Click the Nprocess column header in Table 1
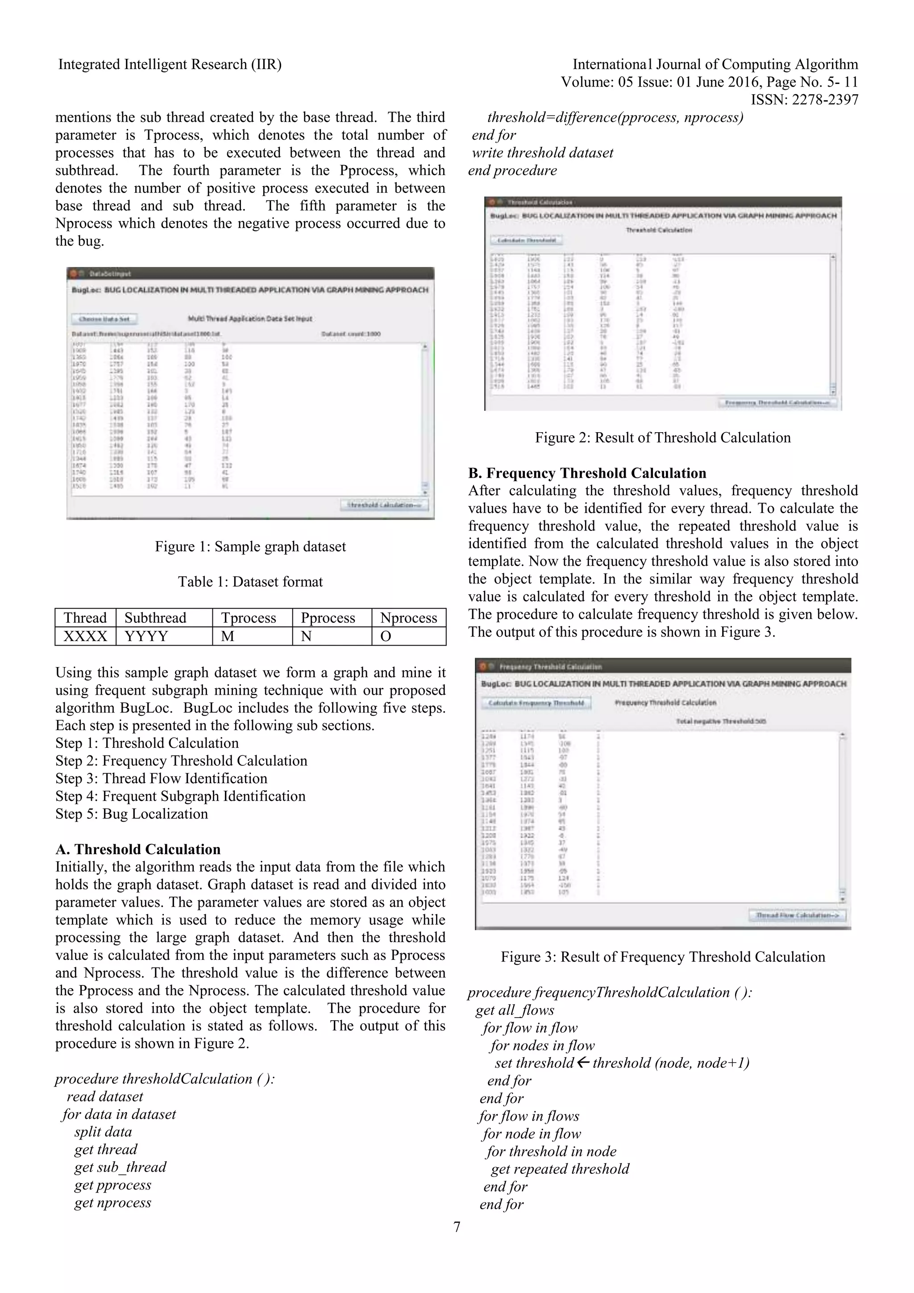pos(409,618)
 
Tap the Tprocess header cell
pos(248,618)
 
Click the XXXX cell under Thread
pos(85,636)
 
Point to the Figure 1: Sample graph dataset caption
pos(250,546)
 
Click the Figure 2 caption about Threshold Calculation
pos(662,438)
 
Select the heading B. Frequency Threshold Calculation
pos(587,473)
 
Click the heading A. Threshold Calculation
pos(138,849)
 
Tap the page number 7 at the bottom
pos(457,1226)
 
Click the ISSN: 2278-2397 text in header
pos(804,100)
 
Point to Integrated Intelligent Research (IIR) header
pos(170,64)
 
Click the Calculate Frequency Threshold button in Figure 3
pos(536,703)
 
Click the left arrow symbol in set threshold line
pos(583,1063)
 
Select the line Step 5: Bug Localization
pos(132,814)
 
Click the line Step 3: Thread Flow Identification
pos(161,778)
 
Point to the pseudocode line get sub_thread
pos(120,1167)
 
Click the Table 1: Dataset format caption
pos(250,582)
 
